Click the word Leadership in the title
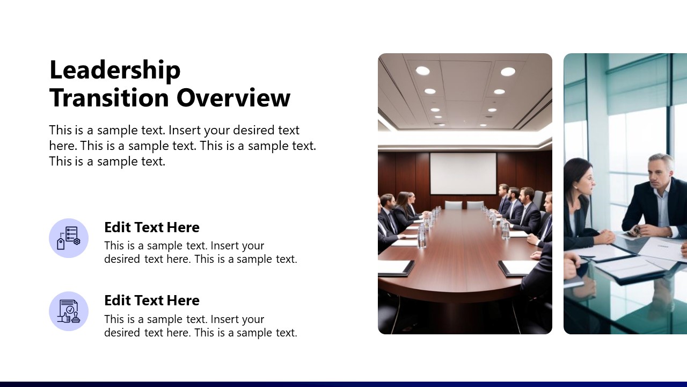click(x=115, y=70)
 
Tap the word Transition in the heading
click(x=109, y=98)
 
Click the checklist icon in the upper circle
click(x=69, y=238)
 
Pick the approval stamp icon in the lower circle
click(x=69, y=311)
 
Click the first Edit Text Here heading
click(x=152, y=227)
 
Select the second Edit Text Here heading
click(x=152, y=300)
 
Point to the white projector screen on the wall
click(x=463, y=174)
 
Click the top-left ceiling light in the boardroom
click(x=422, y=70)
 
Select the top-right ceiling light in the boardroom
click(x=508, y=71)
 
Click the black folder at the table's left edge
click(x=395, y=267)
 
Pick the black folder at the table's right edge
click(x=517, y=267)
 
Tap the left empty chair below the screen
click(x=454, y=205)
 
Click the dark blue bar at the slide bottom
click(x=343, y=384)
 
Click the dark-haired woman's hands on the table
click(x=604, y=236)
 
